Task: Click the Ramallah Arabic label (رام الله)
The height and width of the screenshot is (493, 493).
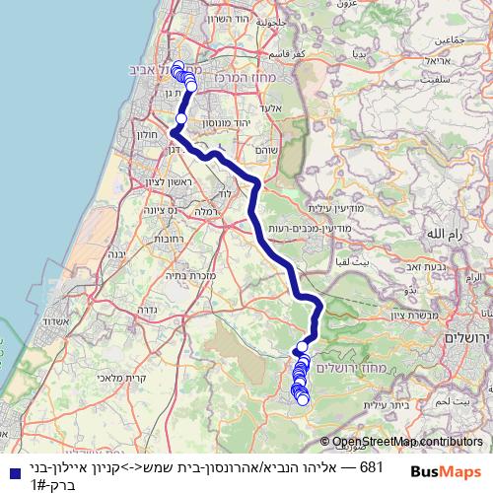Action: pyautogui.click(x=441, y=235)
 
